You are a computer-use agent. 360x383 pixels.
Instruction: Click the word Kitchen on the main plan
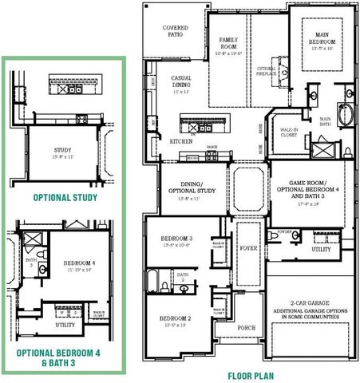(180, 141)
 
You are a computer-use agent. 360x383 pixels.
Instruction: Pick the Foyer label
(248, 248)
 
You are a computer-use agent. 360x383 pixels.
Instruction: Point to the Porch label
(247, 328)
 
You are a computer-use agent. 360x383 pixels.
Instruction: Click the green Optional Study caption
(65, 197)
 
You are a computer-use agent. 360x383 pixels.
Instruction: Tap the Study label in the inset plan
(63, 151)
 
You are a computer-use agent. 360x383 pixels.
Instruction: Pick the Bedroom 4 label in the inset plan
(79, 263)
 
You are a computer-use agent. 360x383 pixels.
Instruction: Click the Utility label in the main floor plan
(321, 250)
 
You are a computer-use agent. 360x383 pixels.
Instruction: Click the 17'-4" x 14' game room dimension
(307, 204)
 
